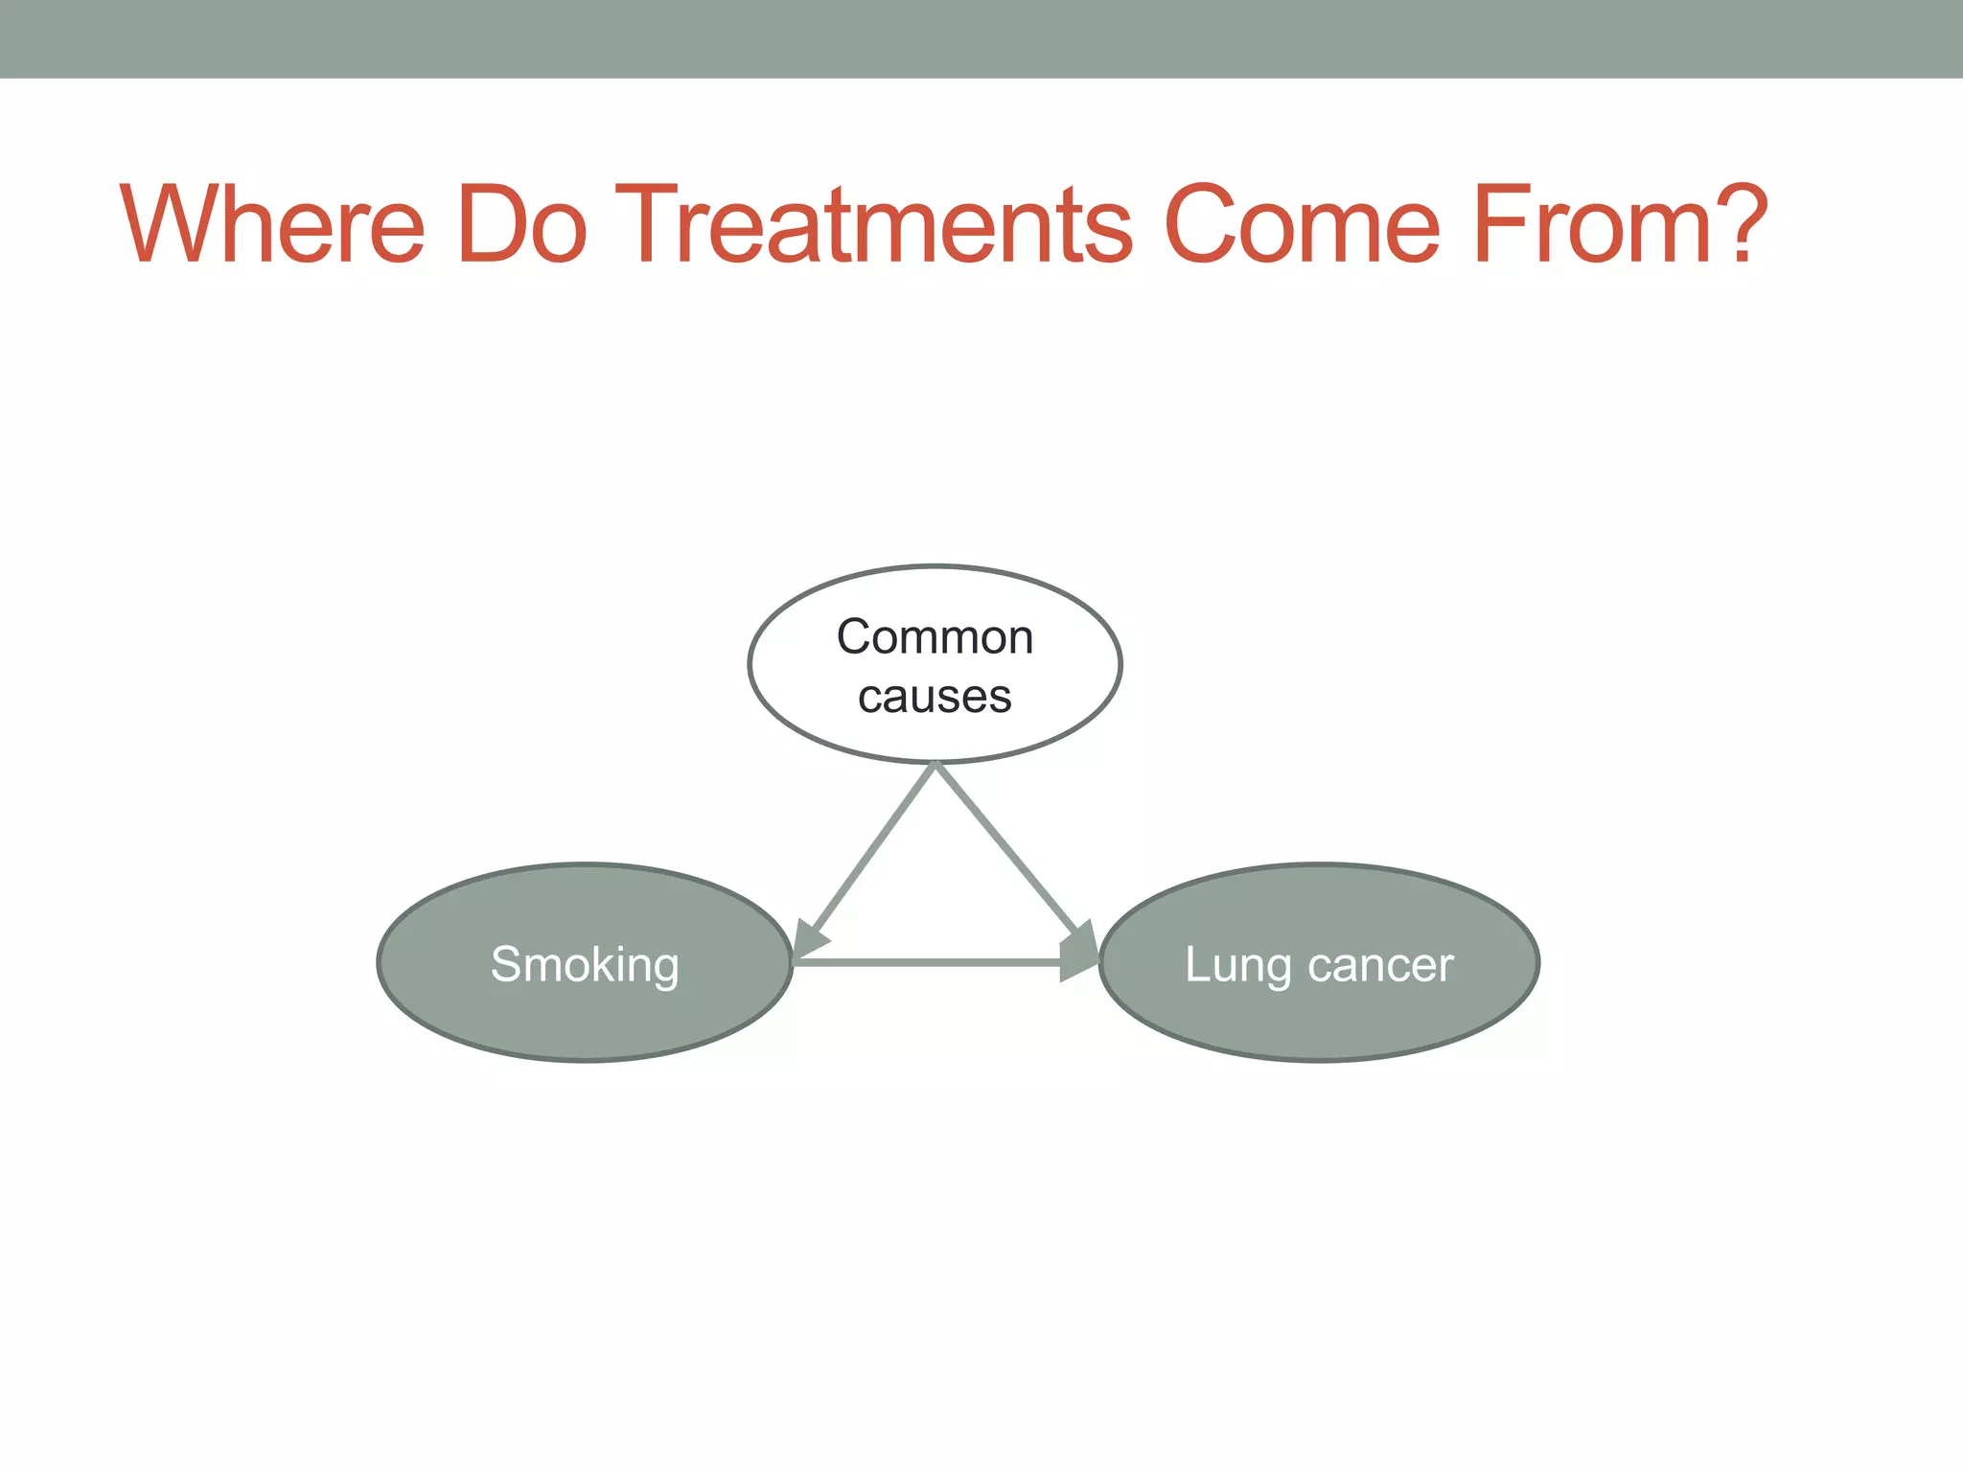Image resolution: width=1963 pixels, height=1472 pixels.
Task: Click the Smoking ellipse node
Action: click(585, 1016)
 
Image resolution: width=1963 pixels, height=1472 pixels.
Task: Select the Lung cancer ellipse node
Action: click(1319, 1016)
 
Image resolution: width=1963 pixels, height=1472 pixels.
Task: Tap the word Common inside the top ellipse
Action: click(935, 637)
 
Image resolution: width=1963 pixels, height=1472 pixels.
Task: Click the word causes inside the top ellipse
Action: click(935, 697)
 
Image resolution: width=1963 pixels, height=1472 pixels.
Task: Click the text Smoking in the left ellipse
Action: click(585, 964)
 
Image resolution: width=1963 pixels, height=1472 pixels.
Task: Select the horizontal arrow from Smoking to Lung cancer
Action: click(930, 961)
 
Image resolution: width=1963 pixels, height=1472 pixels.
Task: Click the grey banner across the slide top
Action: click(981, 38)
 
